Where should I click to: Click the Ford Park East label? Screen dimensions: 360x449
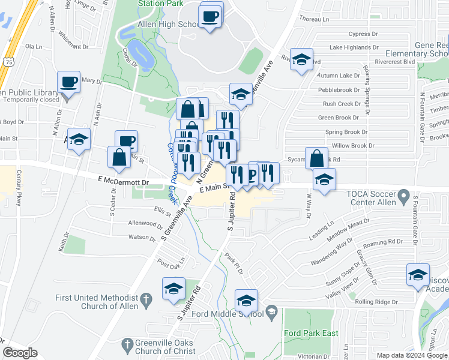(x=311, y=333)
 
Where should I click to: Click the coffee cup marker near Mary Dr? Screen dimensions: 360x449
(x=68, y=82)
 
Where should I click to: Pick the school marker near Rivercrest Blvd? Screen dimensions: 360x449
(x=301, y=59)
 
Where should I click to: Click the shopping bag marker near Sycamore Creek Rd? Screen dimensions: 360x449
(x=316, y=158)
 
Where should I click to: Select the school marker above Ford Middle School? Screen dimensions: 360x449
(x=246, y=300)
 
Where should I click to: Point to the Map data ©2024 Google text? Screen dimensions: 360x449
(x=411, y=355)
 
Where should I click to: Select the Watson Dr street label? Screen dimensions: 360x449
(x=142, y=238)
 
